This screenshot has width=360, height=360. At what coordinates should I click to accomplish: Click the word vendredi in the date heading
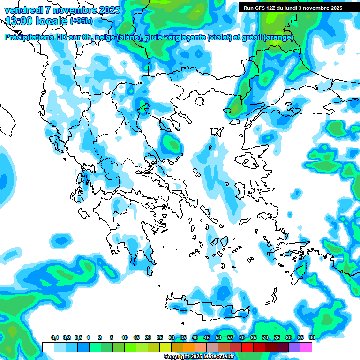tap(22, 10)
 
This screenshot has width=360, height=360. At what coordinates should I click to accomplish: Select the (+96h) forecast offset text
tap(81, 21)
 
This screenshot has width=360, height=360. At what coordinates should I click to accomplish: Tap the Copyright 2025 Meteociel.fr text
tap(199, 357)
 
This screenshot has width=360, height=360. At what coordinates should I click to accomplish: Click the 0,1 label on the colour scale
tap(55, 338)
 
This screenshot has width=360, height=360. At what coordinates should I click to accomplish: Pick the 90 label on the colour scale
tap(312, 338)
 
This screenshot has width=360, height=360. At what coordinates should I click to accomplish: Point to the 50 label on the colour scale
tap(218, 338)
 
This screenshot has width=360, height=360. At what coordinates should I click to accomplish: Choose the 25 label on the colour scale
tap(160, 338)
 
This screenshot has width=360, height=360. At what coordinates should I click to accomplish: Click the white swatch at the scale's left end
tap(48, 347)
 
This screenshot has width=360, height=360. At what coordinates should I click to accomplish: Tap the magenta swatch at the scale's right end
tap(306, 347)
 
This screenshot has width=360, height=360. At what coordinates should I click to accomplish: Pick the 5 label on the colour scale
tap(112, 338)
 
